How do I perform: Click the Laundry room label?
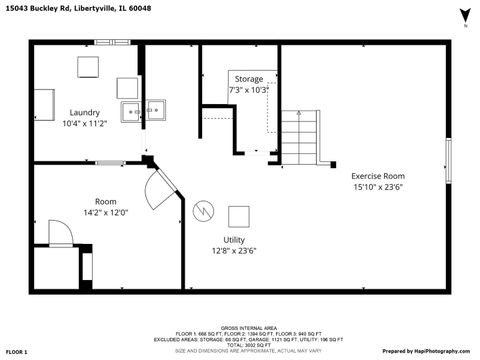pos(84,112)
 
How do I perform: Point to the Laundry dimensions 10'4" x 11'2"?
pos(84,123)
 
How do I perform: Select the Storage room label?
pos(249,78)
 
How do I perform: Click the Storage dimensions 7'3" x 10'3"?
pos(249,89)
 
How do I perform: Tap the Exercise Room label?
pos(378,175)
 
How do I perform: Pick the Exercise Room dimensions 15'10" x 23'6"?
pos(378,186)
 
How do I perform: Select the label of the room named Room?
pos(105,201)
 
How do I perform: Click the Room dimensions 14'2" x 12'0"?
pos(105,212)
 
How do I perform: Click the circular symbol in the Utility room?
pos(203,212)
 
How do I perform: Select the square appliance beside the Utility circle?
pos(239,215)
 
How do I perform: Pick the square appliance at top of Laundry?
pos(89,67)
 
